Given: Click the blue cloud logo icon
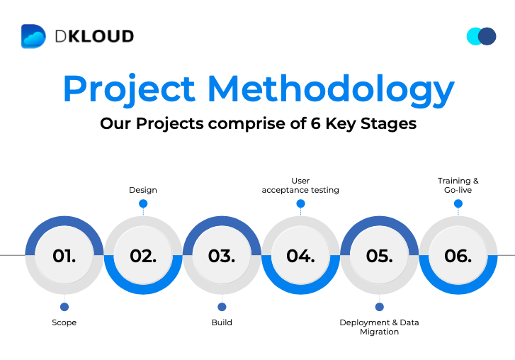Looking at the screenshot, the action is point(33,36).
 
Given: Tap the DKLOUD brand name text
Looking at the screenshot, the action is point(95,36).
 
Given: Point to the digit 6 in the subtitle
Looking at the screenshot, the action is point(315,123).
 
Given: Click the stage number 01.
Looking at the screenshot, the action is point(64,256).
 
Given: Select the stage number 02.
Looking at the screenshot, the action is point(143,256).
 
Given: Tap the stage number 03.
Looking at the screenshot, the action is point(222,256).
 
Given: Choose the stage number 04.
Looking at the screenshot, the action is point(300,256).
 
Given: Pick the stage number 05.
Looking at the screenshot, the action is point(380,256).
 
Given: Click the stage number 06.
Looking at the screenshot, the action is point(458,256).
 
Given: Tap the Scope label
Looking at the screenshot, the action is point(64,322).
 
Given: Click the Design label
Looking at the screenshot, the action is point(143,190).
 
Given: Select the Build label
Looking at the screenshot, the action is point(222,322).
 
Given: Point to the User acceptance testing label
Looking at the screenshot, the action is point(300,186).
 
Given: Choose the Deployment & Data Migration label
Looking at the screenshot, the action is point(380,327).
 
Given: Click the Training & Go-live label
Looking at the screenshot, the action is point(458,186).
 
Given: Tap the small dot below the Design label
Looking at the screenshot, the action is point(143,203).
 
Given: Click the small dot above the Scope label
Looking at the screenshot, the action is point(64,307).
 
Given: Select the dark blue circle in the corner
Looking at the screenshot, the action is point(487,36).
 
